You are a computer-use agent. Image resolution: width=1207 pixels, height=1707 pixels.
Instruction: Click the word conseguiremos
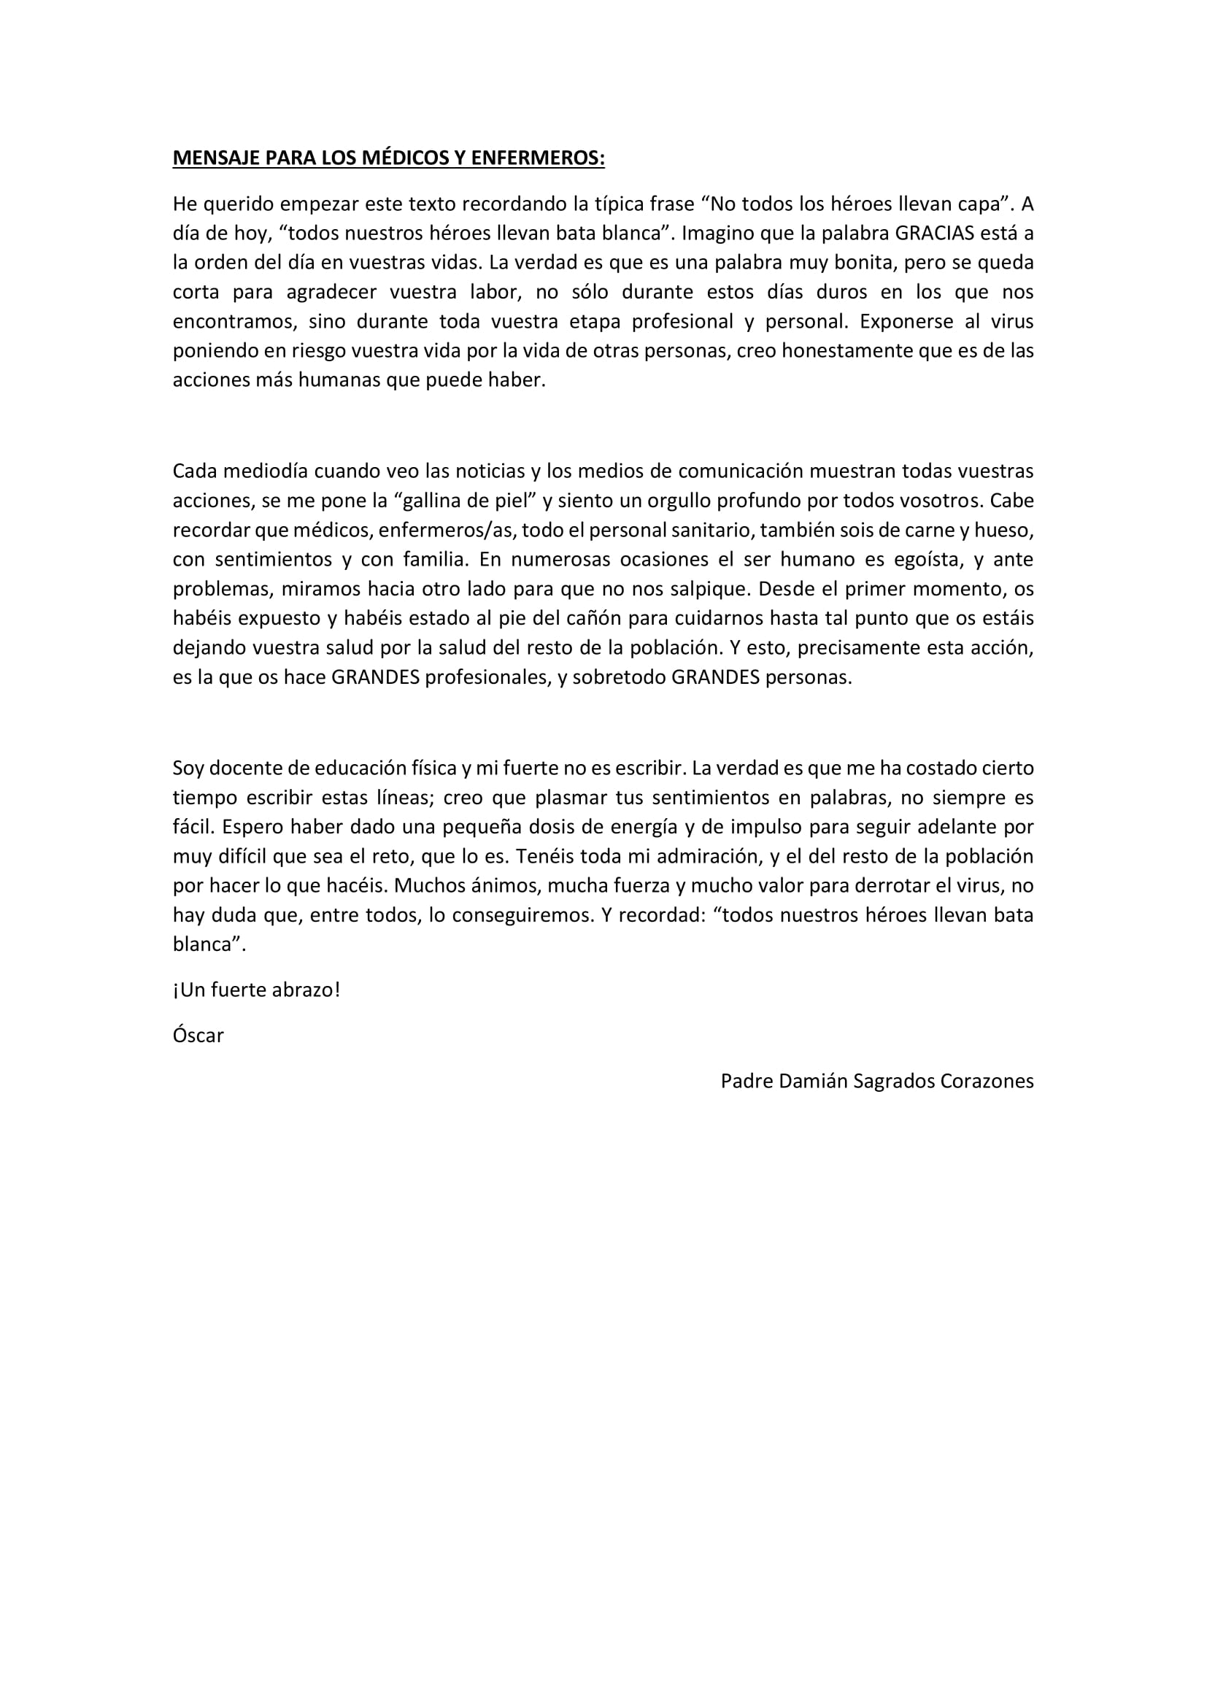click(x=524, y=915)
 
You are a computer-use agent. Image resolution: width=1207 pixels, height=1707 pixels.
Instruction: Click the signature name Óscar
click(x=198, y=1036)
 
